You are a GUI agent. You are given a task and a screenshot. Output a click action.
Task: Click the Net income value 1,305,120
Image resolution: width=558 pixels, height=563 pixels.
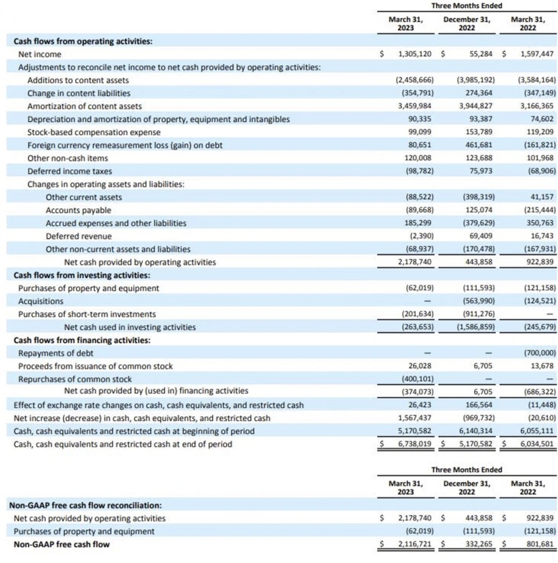[x=414, y=54]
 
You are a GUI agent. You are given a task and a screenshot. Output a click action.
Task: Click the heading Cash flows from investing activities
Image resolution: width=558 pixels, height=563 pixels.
[x=82, y=275]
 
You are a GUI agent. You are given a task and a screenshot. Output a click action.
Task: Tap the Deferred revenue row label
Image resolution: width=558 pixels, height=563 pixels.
[x=78, y=236]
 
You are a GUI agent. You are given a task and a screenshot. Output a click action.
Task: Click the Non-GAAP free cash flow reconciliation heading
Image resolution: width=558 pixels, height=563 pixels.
[x=85, y=505]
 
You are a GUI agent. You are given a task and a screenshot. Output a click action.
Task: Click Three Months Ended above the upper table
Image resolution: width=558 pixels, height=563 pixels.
[x=467, y=6]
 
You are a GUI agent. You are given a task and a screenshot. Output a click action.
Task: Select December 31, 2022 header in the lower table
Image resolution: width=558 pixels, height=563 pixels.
[x=467, y=487]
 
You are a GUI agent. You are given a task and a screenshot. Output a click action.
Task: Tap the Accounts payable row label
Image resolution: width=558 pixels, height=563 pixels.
[x=78, y=210]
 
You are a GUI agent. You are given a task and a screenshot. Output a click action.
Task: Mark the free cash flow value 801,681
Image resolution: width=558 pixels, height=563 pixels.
[x=539, y=544]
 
